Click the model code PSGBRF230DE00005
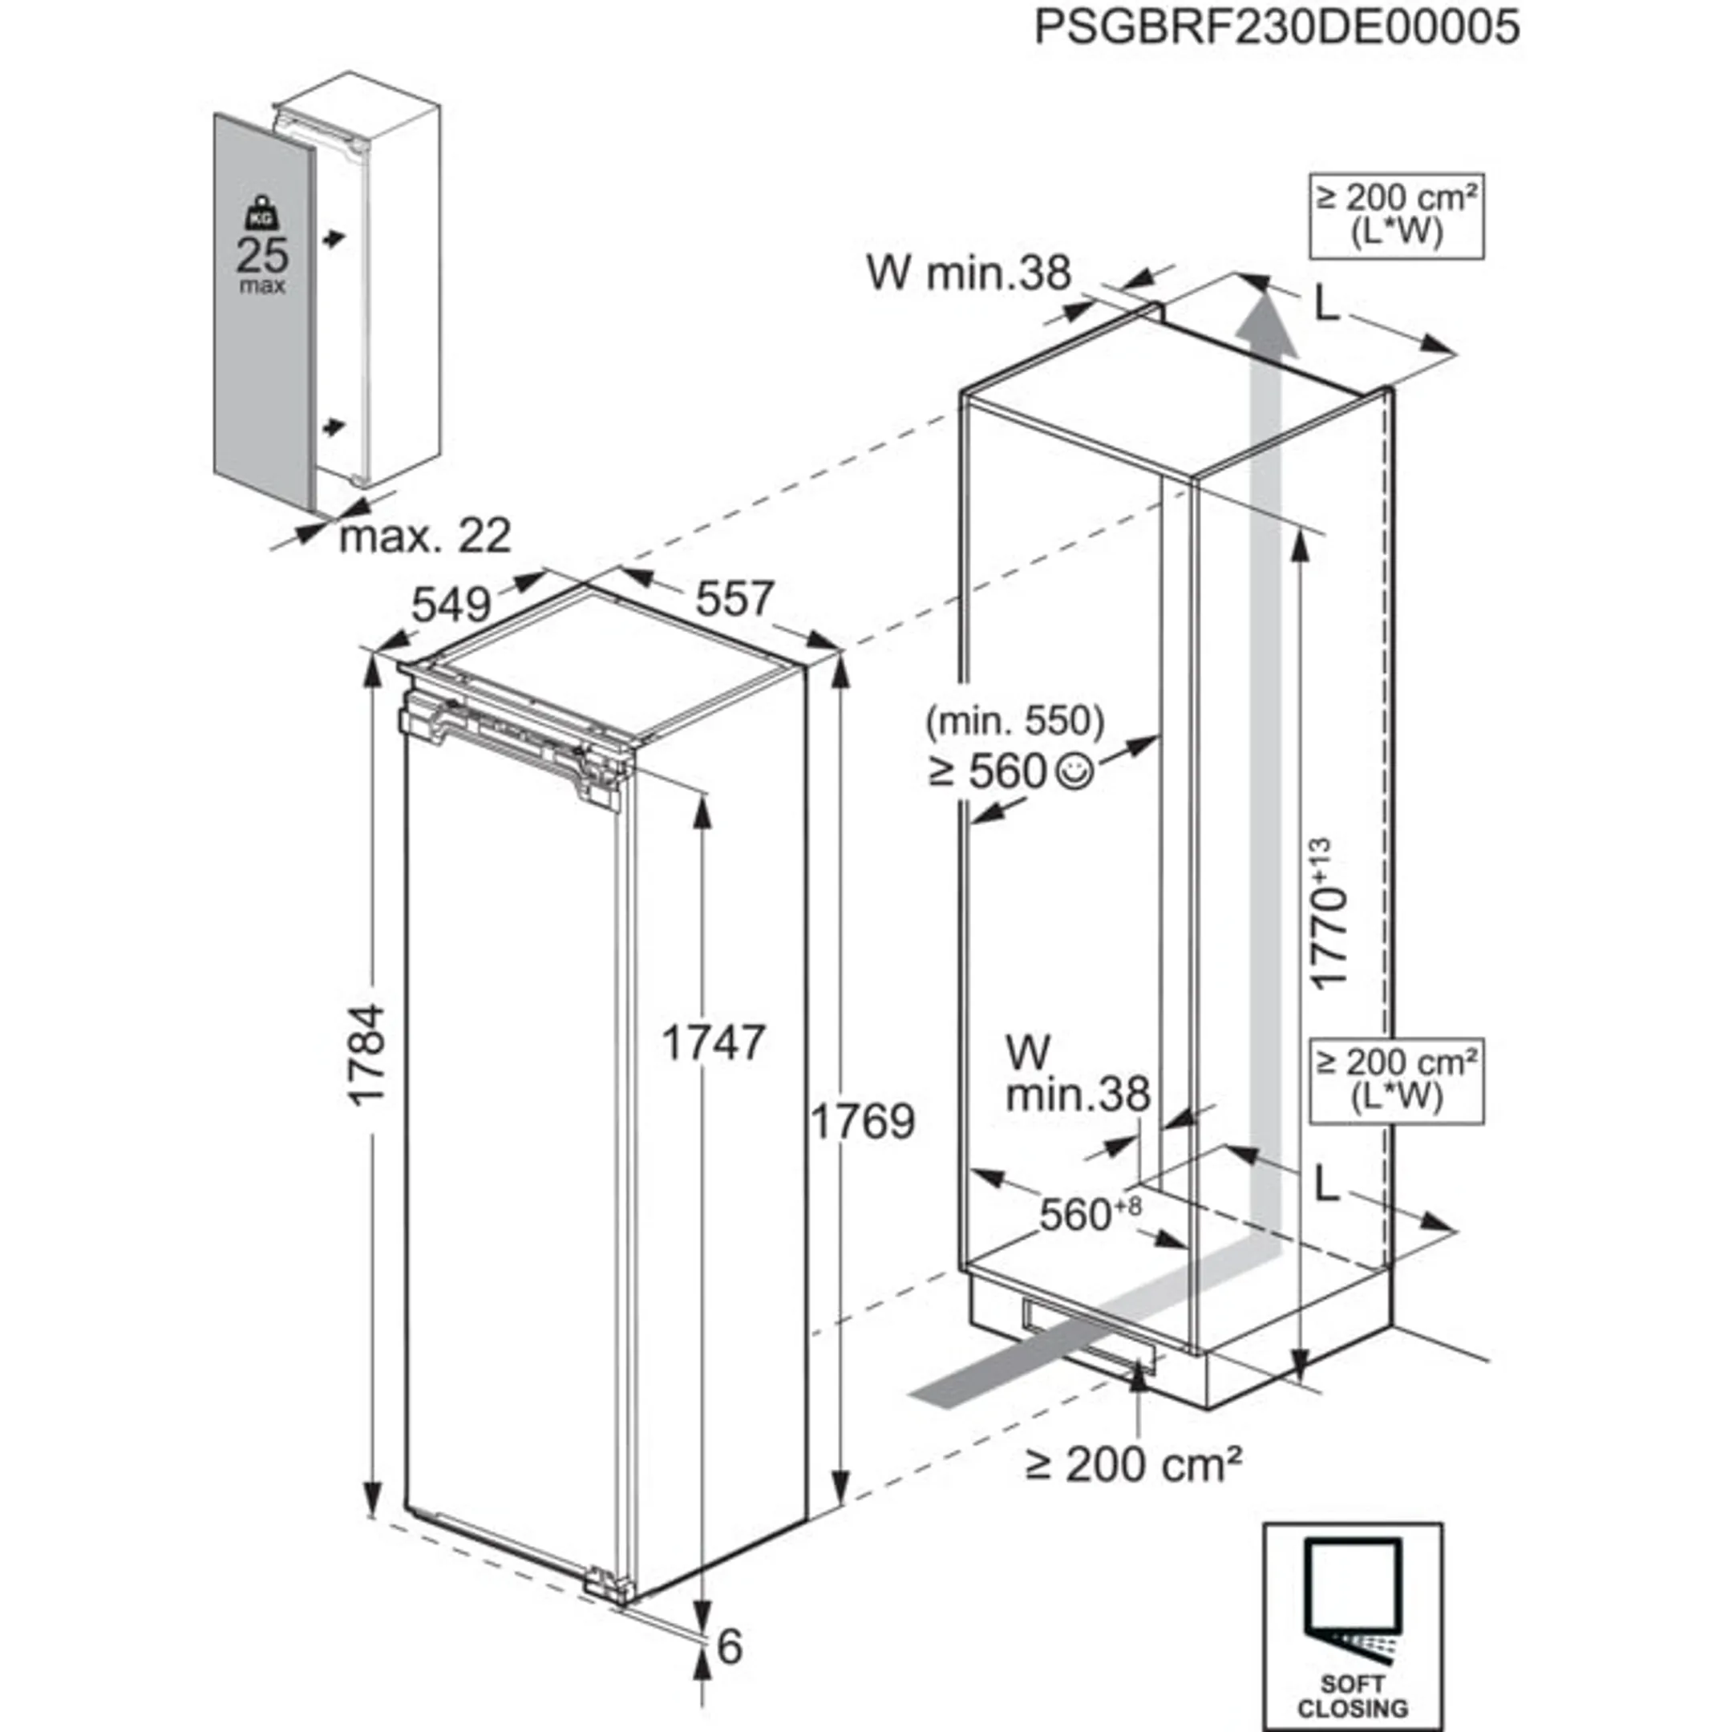(1277, 27)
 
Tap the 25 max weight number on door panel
(263, 256)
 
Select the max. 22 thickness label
(425, 536)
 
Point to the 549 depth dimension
(451, 606)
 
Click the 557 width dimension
(734, 598)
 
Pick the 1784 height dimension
(366, 1054)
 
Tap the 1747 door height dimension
(713, 1042)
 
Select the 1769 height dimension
(863, 1122)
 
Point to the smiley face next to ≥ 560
(1074, 772)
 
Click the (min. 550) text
(1015, 720)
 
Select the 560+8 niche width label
(1089, 1215)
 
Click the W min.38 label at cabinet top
(968, 273)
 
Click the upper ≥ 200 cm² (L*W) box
(1396, 215)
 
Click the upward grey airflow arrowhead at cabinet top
(1267, 327)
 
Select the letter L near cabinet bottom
(1326, 1188)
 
